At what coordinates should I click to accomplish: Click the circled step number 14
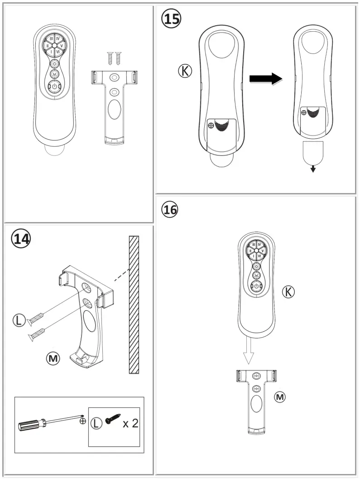tap(21, 238)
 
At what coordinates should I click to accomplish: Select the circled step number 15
tap(171, 19)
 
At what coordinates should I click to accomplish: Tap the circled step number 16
tap(170, 209)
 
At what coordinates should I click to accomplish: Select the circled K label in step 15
tap(185, 71)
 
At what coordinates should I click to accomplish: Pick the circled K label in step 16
tap(288, 292)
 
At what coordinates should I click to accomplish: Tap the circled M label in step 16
tap(281, 397)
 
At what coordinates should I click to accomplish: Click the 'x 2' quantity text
tap(130, 424)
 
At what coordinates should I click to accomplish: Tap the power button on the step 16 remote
tap(256, 286)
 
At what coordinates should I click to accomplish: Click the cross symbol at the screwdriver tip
tap(82, 421)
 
